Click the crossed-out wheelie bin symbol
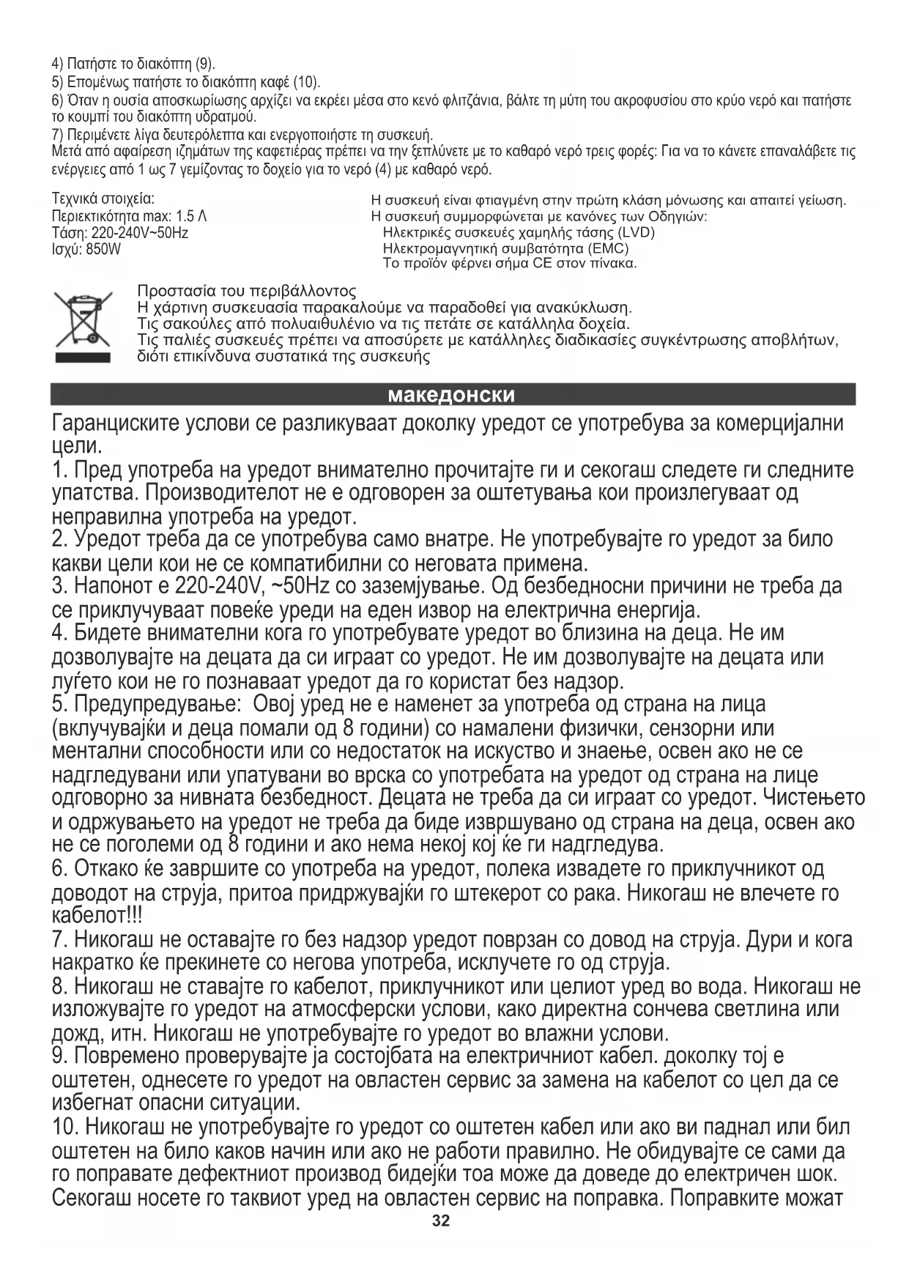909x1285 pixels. click(81, 319)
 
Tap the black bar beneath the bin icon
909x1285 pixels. click(81, 358)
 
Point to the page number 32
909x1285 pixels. click(441, 1221)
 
